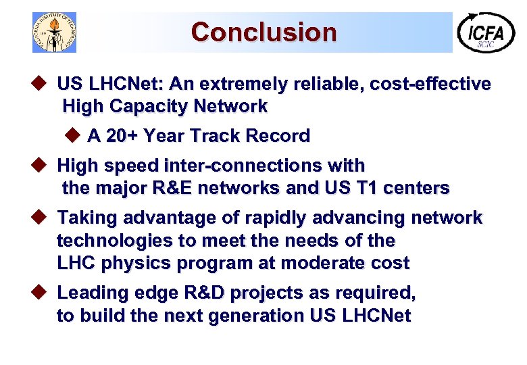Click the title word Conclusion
(x=263, y=32)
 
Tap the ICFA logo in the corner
(x=486, y=32)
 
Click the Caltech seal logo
(x=55, y=32)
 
